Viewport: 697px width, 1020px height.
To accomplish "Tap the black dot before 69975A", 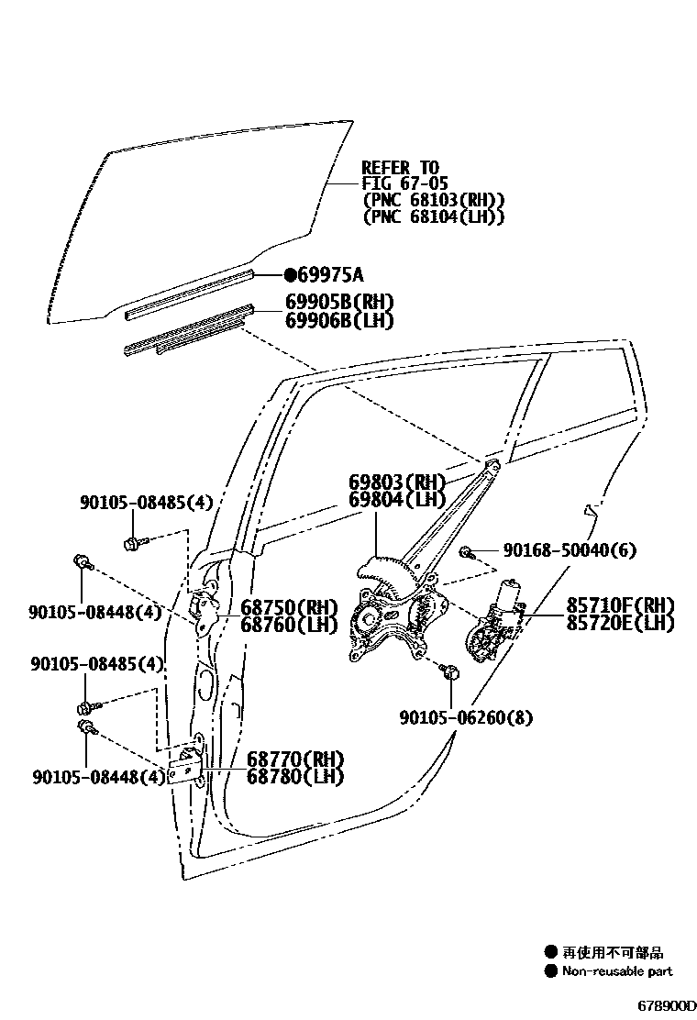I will (291, 274).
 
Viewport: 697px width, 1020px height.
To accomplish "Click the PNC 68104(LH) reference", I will (434, 217).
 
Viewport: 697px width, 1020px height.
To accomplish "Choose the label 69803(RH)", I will (396, 482).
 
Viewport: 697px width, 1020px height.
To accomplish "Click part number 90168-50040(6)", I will (569, 550).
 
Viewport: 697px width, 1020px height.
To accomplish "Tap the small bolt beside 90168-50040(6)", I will (466, 552).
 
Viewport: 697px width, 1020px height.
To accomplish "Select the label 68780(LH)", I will (294, 776).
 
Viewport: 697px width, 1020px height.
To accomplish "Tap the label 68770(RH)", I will (294, 759).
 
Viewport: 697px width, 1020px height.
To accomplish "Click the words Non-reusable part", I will (617, 971).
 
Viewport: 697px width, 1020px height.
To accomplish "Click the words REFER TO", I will (401, 168).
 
